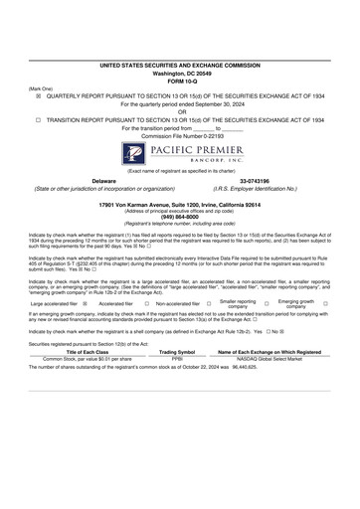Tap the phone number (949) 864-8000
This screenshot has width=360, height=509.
(x=179, y=213)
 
